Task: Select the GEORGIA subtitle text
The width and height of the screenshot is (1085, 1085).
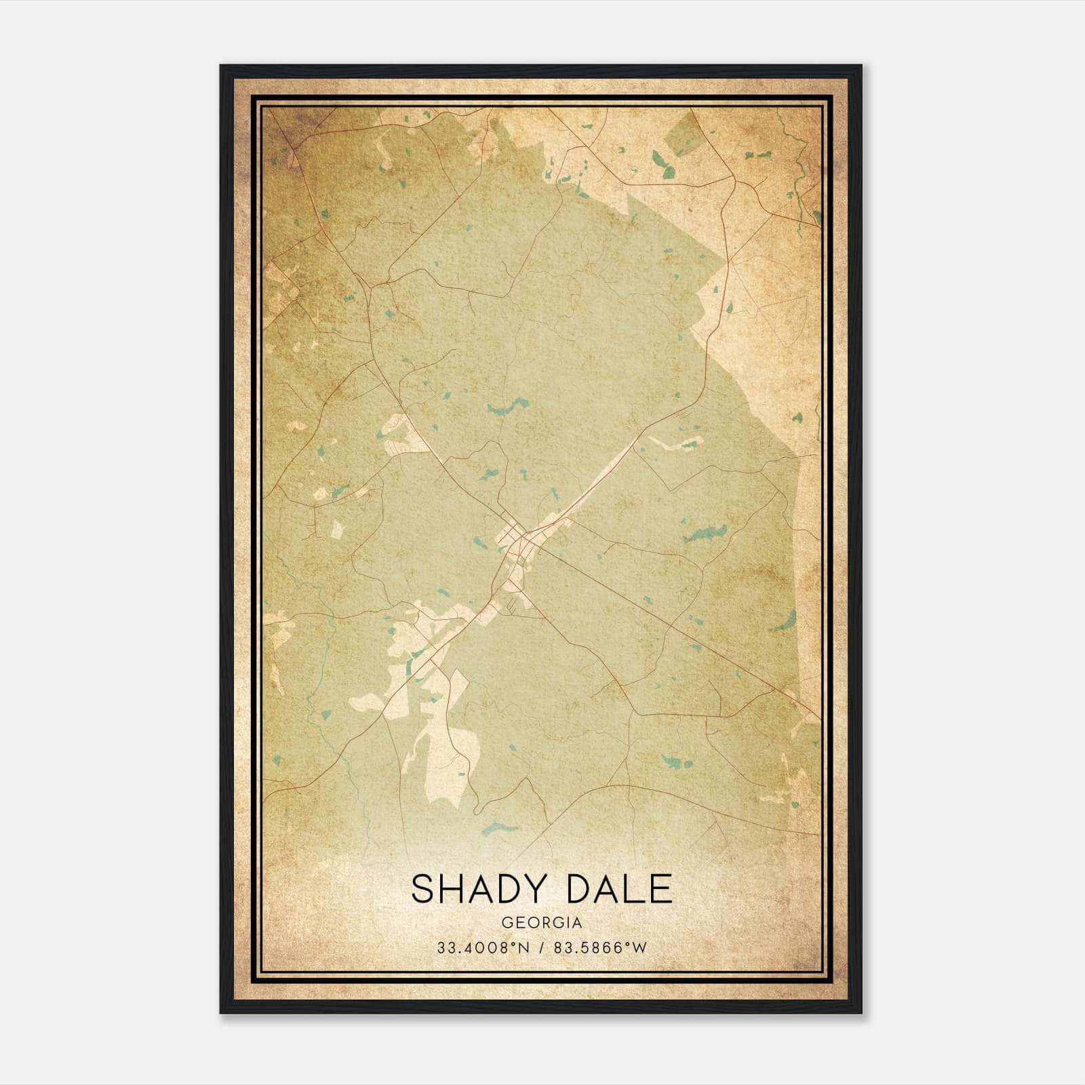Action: coord(541,923)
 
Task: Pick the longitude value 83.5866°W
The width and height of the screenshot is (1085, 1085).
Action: coord(600,947)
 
